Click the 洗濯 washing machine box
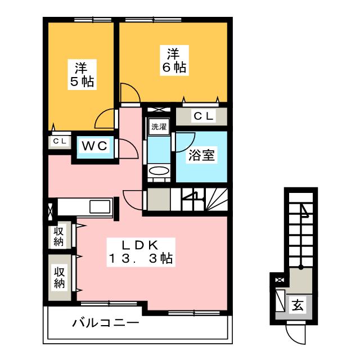click(x=159, y=127)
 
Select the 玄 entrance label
click(x=298, y=307)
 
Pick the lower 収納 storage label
click(x=60, y=276)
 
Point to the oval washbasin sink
click(x=159, y=170)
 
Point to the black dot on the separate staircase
click(x=300, y=267)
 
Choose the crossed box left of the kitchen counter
click(x=52, y=208)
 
